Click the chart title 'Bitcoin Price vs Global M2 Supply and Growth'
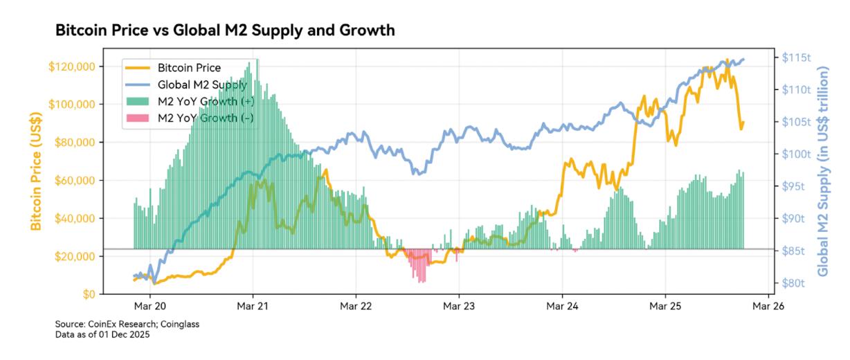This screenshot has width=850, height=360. point(225,30)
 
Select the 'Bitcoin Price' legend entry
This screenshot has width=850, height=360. point(189,68)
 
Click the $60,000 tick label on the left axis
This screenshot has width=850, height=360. point(74,180)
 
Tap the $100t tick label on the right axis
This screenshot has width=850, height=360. point(796,154)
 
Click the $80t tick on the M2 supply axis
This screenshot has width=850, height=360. point(793,282)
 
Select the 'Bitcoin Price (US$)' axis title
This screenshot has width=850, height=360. point(35,172)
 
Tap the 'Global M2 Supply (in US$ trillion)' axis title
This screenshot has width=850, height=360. point(823,172)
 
